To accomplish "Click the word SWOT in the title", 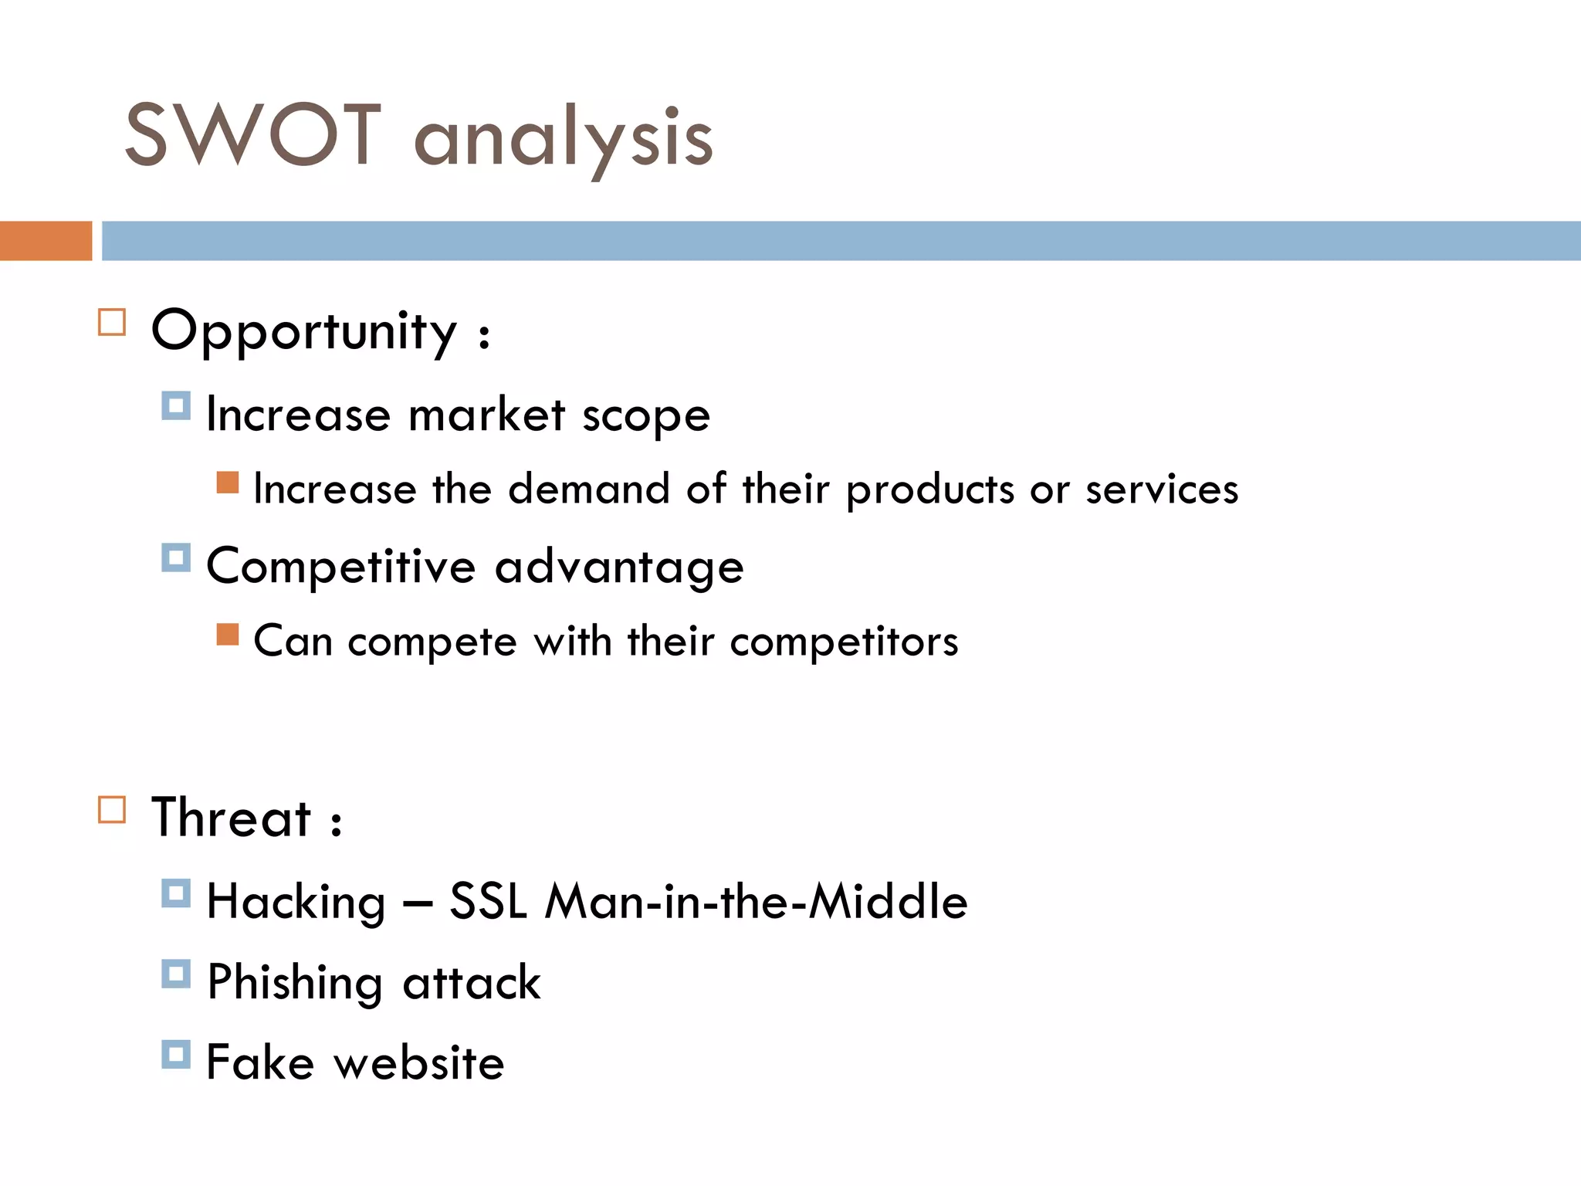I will [253, 136].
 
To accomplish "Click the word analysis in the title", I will [564, 139].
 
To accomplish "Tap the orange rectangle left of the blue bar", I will [46, 241].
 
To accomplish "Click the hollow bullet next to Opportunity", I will [112, 322].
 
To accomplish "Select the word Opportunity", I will [304, 332].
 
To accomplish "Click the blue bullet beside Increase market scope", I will [176, 405].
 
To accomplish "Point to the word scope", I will [645, 417].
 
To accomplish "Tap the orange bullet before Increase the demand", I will [228, 483].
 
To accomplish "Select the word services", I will [1162, 490].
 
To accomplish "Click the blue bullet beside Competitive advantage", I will [176, 557].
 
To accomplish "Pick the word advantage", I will [619, 568].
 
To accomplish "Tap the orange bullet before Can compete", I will [228, 635].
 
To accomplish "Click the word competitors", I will [844, 642].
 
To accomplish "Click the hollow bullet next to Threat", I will [112, 810].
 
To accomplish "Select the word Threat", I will [231, 818].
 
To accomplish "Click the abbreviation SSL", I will [488, 901].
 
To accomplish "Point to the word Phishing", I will [295, 983].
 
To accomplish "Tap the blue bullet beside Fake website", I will [176, 1054].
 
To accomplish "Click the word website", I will [419, 1063].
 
